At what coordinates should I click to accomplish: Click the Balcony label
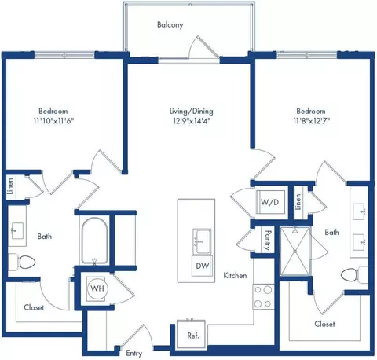pyautogui.click(x=170, y=24)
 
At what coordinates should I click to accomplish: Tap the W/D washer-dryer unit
pyautogui.click(x=270, y=202)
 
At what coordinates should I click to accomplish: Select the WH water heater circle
pyautogui.click(x=97, y=288)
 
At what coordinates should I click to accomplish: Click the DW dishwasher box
pyautogui.click(x=203, y=266)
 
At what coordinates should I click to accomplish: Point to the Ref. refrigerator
pyautogui.click(x=192, y=335)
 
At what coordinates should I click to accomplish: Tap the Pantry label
pyautogui.click(x=268, y=240)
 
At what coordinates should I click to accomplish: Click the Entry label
pyautogui.click(x=134, y=354)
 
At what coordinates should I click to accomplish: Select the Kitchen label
pyautogui.click(x=235, y=275)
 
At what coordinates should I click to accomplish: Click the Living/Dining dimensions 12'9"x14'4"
pyautogui.click(x=192, y=121)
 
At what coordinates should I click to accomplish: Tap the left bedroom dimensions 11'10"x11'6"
pyautogui.click(x=53, y=121)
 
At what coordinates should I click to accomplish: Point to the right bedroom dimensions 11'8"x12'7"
pyautogui.click(x=311, y=121)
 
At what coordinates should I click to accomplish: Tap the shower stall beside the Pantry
pyautogui.click(x=295, y=252)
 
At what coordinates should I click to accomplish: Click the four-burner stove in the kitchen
pyautogui.click(x=263, y=297)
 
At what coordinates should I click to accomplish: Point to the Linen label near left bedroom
pyautogui.click(x=10, y=186)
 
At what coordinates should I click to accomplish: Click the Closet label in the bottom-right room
pyautogui.click(x=324, y=324)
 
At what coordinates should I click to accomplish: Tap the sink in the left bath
pyautogui.click(x=17, y=230)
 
